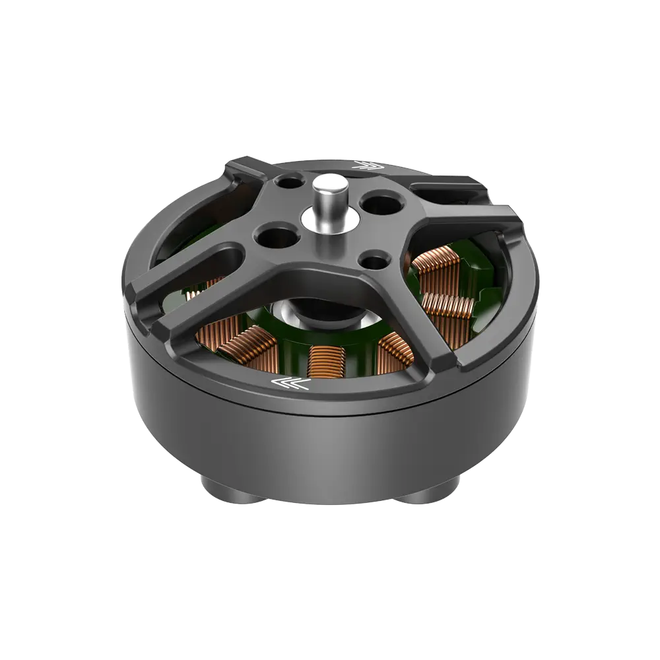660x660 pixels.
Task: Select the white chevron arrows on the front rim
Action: (288, 383)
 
